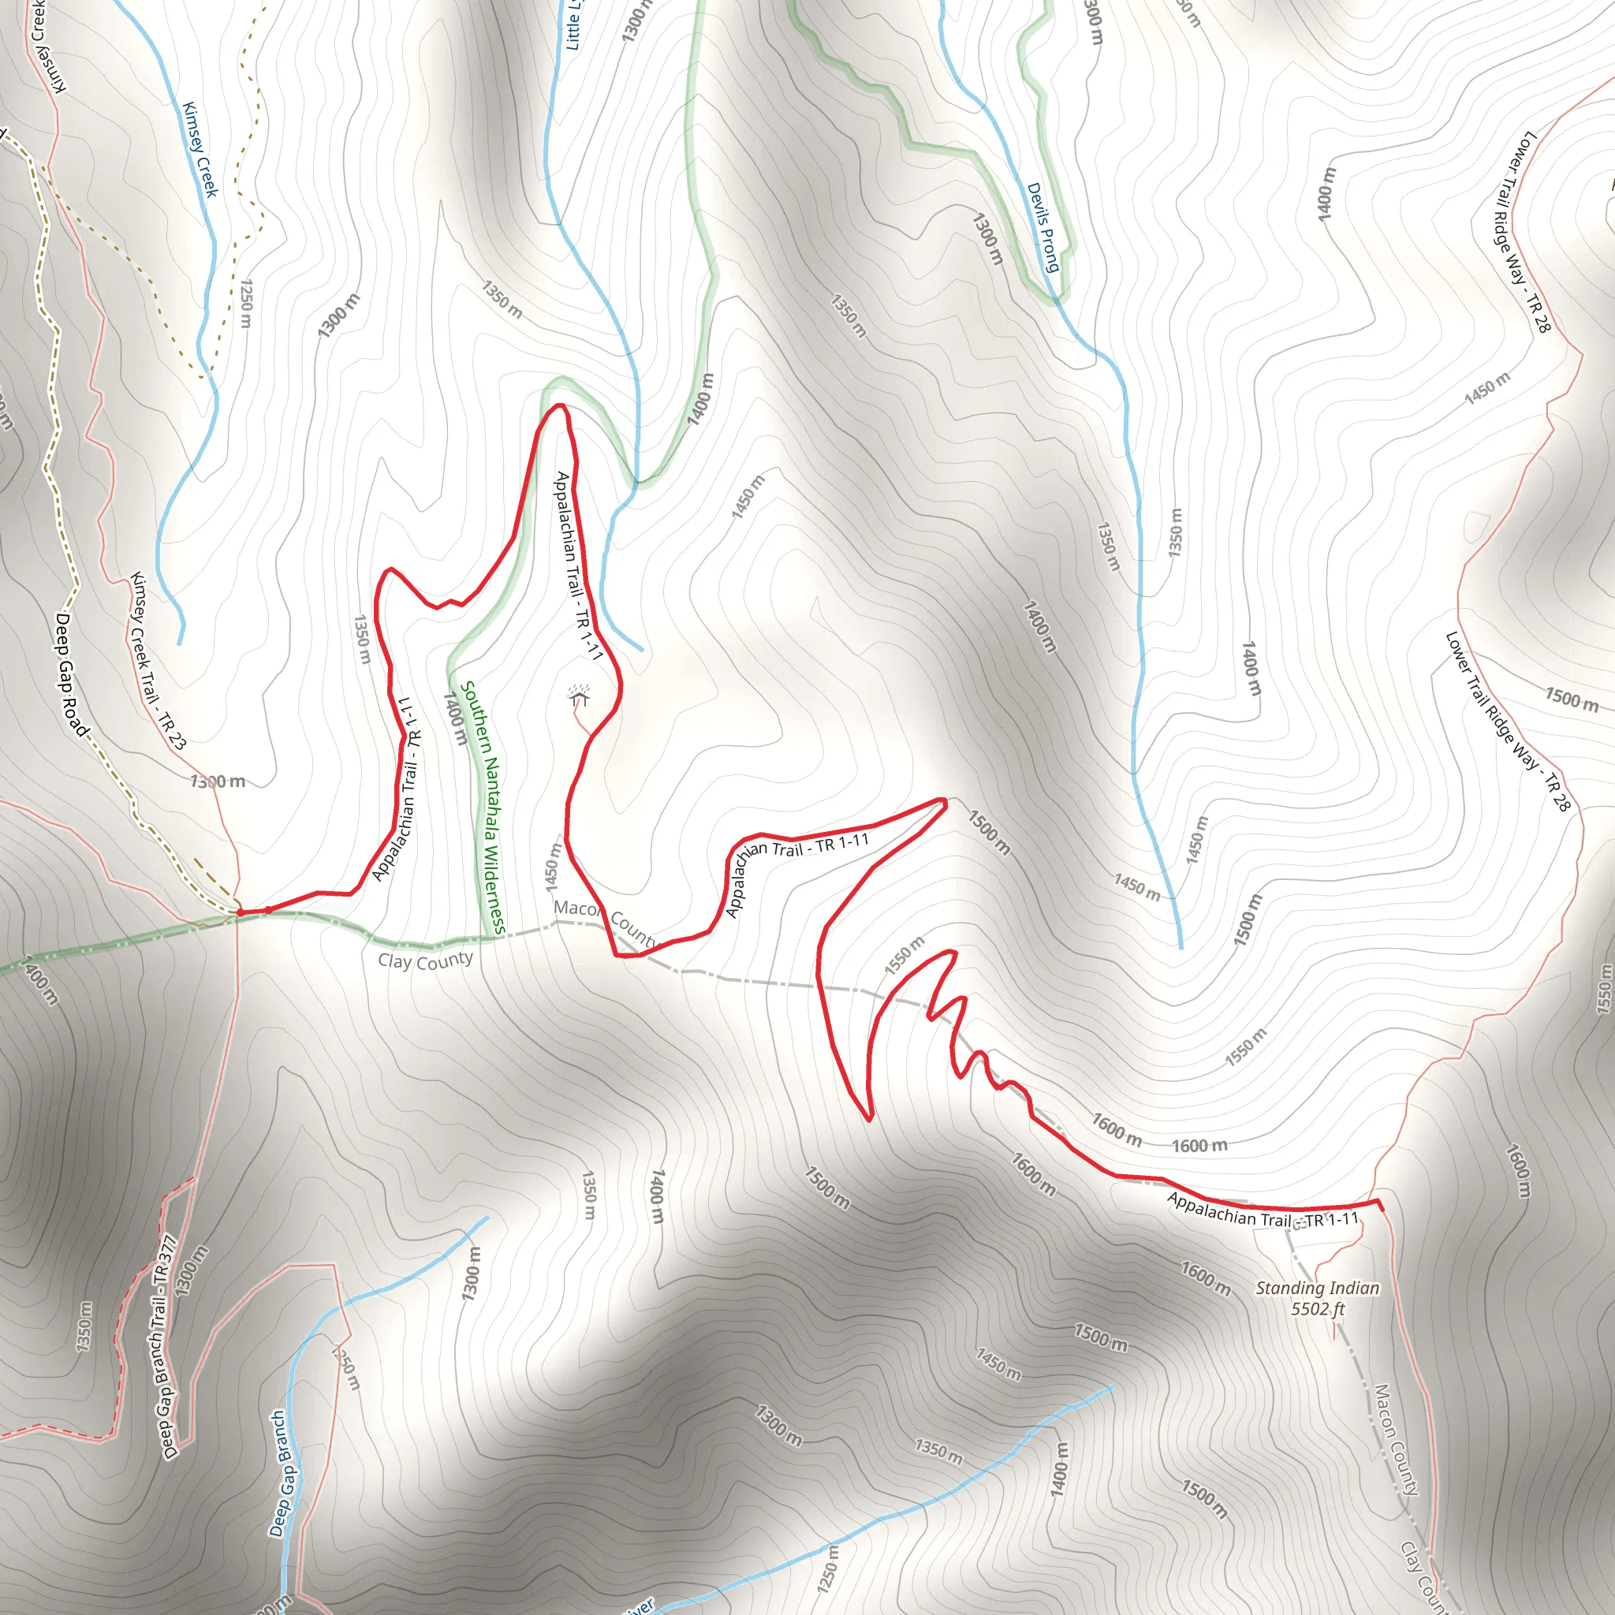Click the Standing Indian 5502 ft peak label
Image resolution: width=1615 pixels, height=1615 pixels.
click(x=1318, y=1298)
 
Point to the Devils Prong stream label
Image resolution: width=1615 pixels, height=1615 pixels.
click(x=1042, y=227)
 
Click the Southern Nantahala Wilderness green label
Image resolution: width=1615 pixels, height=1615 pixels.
click(x=484, y=807)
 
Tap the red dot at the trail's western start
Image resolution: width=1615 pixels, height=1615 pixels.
click(x=241, y=913)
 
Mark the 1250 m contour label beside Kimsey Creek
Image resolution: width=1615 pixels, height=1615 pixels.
click(x=246, y=304)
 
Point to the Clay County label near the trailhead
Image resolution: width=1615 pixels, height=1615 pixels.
click(x=426, y=960)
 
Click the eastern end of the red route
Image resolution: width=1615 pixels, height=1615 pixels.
click(x=1380, y=1208)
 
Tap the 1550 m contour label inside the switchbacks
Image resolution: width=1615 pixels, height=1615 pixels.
click(x=904, y=956)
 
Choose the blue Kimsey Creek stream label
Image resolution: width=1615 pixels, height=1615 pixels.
click(x=200, y=150)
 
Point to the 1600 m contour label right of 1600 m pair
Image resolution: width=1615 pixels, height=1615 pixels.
click(x=1199, y=1146)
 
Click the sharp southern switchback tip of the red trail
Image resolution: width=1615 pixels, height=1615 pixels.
click(x=869, y=1119)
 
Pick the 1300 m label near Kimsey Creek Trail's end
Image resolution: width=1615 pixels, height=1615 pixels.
click(x=218, y=781)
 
